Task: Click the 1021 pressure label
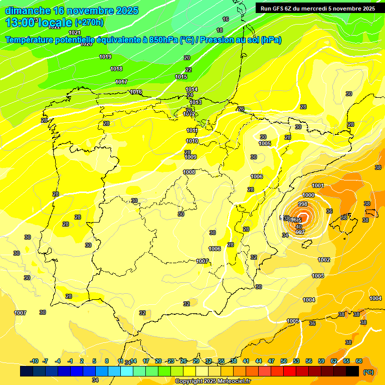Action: (x=74, y=33)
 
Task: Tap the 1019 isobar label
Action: (x=105, y=57)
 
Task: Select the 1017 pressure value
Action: (x=121, y=82)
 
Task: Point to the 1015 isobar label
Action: (x=181, y=77)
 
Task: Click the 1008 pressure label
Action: (x=189, y=172)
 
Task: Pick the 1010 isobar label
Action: (x=192, y=141)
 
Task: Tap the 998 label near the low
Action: (x=303, y=204)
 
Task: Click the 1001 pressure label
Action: (x=318, y=185)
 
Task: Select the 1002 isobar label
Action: (x=324, y=260)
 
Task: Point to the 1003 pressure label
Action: (x=318, y=276)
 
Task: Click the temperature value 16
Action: (x=226, y=19)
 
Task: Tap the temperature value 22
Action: (x=188, y=70)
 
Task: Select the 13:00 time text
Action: (x=20, y=23)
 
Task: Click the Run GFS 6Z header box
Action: (x=315, y=8)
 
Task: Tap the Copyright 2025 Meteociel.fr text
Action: (x=213, y=381)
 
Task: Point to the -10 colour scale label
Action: (x=35, y=361)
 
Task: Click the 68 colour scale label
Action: (x=359, y=361)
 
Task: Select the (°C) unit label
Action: (x=368, y=372)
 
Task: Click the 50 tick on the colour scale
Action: (x=284, y=361)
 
